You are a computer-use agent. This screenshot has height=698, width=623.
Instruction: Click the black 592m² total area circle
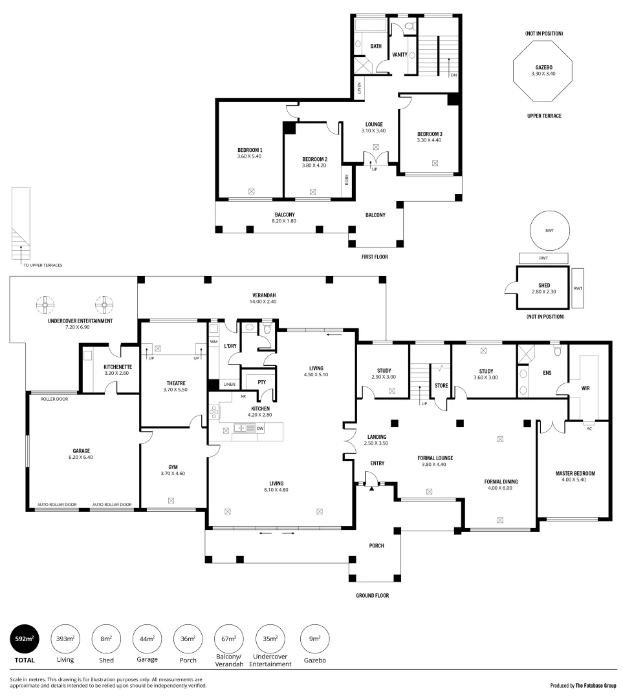coord(25,640)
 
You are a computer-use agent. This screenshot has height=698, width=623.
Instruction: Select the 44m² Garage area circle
coord(147,640)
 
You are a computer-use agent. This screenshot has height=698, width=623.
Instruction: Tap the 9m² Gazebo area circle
coord(314,640)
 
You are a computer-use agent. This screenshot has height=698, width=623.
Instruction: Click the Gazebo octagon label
coord(543,70)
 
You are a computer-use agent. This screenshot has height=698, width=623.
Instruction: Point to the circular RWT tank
coord(549,231)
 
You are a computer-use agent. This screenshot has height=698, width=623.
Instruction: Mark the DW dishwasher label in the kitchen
coord(259,428)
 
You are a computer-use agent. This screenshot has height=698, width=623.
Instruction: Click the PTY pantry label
coord(253,381)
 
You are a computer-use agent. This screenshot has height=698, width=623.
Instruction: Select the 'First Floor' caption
coord(375,257)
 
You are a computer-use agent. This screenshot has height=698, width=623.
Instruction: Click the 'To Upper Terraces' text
coord(43,265)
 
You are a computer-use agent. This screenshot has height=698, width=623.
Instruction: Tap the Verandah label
coord(263,298)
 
